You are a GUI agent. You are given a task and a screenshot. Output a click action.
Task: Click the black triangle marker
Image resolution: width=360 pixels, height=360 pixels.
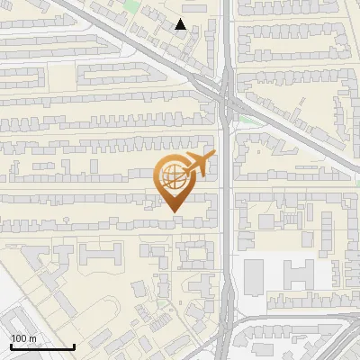pyautogui.click(x=181, y=24)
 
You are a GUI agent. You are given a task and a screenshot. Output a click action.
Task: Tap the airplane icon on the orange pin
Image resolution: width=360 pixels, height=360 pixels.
pyautogui.click(x=199, y=166)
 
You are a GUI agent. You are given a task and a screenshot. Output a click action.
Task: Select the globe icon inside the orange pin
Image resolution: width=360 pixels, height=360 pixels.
pyautogui.click(x=173, y=177)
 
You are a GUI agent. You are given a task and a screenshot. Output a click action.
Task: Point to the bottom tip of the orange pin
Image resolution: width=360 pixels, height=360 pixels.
pyautogui.click(x=174, y=212)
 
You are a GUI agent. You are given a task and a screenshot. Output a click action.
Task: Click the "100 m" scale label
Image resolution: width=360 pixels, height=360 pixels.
pyautogui.click(x=23, y=338)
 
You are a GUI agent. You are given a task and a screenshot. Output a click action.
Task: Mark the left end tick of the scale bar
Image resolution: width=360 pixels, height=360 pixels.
pyautogui.click(x=11, y=346)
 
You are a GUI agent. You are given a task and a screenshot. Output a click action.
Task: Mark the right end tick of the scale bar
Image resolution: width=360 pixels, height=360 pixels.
pyautogui.click(x=74, y=346)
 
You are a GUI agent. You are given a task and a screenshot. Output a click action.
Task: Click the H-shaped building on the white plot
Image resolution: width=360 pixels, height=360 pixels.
pyautogui.click(x=298, y=274)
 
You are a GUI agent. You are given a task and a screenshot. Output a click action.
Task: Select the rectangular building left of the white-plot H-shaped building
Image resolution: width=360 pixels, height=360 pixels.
pyautogui.click(x=255, y=273)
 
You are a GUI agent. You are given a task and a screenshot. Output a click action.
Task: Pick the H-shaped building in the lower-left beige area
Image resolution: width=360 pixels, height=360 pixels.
pyautogui.click(x=99, y=255)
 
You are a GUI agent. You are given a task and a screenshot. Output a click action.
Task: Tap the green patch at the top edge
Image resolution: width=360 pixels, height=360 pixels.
pyautogui.click(x=133, y=6)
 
